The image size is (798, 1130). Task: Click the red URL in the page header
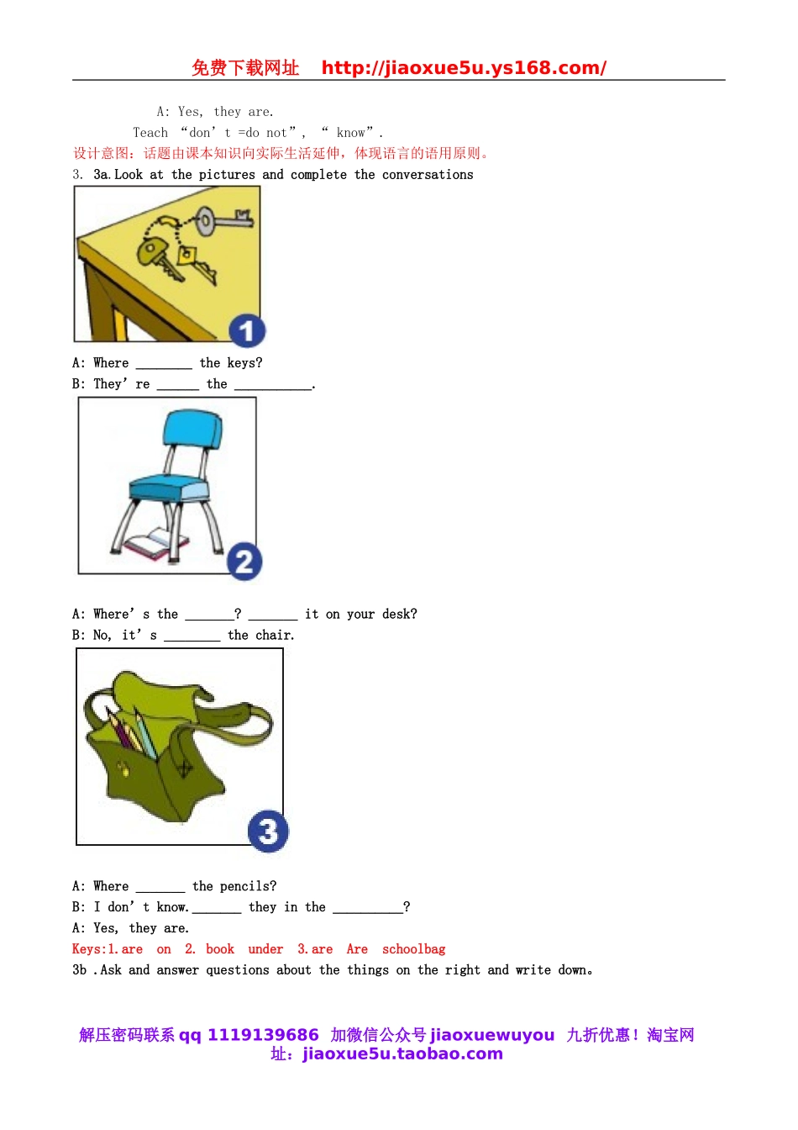pos(464,67)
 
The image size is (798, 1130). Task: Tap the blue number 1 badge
pos(247,331)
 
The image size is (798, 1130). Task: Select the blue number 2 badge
pos(244,562)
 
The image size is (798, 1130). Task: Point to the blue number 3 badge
pos(268,831)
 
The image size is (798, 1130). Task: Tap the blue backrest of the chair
pos(193,429)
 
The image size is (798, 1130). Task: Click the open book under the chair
pos(156,543)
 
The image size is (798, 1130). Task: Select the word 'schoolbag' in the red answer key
pos(413,949)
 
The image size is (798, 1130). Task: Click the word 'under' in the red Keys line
pos(265,949)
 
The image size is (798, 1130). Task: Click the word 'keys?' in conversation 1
pos(245,362)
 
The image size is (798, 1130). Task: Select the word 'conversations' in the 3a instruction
pos(428,175)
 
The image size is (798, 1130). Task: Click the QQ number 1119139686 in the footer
pos(263,1035)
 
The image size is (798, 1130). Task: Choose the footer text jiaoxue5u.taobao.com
pos(403,1053)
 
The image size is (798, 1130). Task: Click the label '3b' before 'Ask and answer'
pos(79,969)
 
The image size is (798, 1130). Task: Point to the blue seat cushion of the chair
pos(168,488)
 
